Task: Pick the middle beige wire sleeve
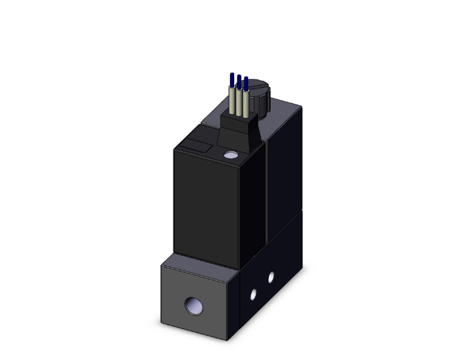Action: (x=239, y=103)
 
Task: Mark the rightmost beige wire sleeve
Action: (x=246, y=105)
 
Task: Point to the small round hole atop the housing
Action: (x=230, y=154)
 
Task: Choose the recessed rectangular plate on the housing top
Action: (x=194, y=148)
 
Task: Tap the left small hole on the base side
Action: (x=254, y=292)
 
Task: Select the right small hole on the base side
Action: (x=271, y=275)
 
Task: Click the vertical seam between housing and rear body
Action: (x=267, y=188)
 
